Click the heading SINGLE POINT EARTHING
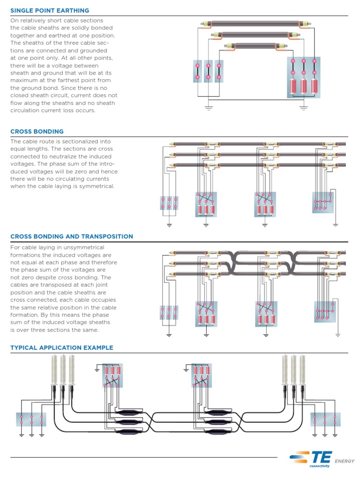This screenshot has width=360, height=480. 50,10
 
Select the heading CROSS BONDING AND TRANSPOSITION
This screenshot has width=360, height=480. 72,237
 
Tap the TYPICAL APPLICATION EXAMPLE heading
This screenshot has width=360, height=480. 61,348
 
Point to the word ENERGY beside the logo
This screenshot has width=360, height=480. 345,461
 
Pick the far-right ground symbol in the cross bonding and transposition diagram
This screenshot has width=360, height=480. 337,335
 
